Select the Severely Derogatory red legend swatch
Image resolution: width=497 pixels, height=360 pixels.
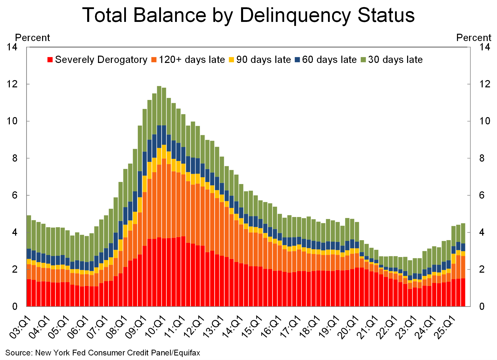50,60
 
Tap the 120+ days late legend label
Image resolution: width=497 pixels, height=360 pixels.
192,60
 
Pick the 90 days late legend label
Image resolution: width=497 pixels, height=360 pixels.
263,60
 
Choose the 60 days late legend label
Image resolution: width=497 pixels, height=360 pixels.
329,60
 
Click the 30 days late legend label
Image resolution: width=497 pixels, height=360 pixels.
395,60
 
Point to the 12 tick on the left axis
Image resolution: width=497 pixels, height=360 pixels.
12,84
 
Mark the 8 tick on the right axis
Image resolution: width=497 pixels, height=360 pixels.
482,158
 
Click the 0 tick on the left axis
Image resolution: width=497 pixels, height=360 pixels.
15,306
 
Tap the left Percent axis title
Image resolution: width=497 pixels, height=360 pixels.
32,38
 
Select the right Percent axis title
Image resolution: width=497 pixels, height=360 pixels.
474,38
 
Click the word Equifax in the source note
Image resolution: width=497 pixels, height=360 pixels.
187,353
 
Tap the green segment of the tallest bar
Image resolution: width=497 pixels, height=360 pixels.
159,106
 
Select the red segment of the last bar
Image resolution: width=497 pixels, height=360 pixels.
463,292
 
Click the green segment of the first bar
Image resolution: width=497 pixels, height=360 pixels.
29,232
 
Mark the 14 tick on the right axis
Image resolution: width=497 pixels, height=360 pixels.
484,47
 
